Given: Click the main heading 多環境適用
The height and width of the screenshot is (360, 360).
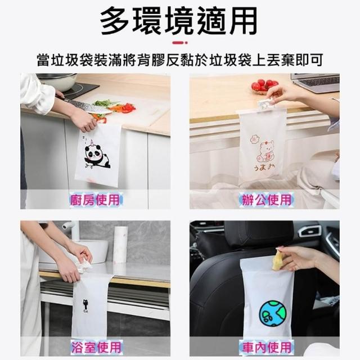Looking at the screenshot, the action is (x=179, y=21).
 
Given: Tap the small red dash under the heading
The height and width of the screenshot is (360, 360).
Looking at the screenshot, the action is (x=180, y=43).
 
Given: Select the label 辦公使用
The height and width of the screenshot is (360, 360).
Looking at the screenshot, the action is (x=266, y=199).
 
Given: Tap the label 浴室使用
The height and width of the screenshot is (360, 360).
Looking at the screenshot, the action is (x=96, y=346).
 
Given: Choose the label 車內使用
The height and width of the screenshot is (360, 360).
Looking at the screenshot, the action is (x=266, y=346).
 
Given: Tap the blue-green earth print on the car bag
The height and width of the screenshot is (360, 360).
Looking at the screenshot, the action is (x=273, y=314).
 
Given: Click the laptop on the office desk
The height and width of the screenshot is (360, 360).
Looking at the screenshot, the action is (x=315, y=82).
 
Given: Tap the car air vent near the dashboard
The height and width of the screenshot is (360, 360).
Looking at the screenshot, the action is (x=309, y=231).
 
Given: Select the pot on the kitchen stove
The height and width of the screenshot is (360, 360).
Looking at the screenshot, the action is (x=59, y=82).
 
